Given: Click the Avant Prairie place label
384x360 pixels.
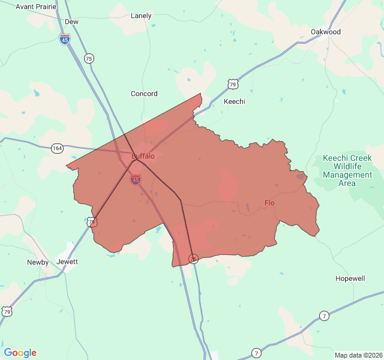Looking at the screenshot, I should pyautogui.click(x=36, y=7).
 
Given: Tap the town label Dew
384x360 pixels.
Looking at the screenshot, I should pyautogui.click(x=71, y=22).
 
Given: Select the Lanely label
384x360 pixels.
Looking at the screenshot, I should pyautogui.click(x=141, y=16).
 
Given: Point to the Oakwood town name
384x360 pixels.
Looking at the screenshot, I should pyautogui.click(x=326, y=32).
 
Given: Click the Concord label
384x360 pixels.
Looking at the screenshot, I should pyautogui.click(x=144, y=94).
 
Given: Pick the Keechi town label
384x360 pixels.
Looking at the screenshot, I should pyautogui.click(x=235, y=101).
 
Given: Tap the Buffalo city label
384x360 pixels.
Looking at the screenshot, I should pyautogui.click(x=143, y=157).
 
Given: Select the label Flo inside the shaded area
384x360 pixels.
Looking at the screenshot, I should pyautogui.click(x=269, y=203).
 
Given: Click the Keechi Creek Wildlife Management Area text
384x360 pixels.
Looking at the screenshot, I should pyautogui.click(x=347, y=170).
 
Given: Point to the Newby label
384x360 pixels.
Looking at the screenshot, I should pyautogui.click(x=38, y=262).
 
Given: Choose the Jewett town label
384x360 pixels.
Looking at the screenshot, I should pyautogui.click(x=67, y=262).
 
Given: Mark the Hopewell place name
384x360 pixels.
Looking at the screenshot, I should pyautogui.click(x=350, y=279).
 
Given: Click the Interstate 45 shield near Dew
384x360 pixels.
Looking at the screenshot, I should pyautogui.click(x=65, y=39).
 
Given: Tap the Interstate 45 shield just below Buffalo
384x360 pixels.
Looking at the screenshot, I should pyautogui.click(x=136, y=179).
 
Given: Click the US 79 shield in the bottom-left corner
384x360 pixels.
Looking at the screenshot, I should pyautogui.click(x=7, y=311).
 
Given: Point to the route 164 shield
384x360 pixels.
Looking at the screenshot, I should pyautogui.click(x=58, y=148).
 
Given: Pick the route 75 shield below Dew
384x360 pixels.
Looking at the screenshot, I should pyautogui.click(x=89, y=58).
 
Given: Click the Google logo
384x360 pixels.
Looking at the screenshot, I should pyautogui.click(x=20, y=353).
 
